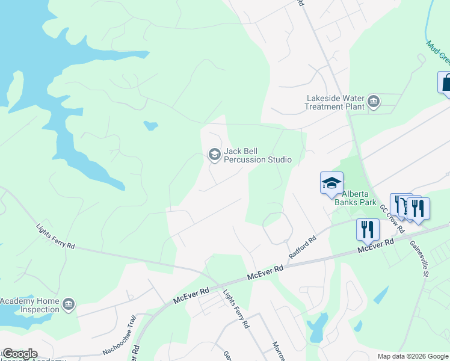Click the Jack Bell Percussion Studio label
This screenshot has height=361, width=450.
pyautogui.click(x=257, y=155)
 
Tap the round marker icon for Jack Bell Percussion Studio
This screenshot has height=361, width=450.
pyautogui.click(x=214, y=155)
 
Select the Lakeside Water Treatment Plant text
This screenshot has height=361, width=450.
pyautogui.click(x=336, y=102)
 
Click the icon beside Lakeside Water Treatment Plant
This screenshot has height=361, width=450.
pyautogui.click(x=374, y=101)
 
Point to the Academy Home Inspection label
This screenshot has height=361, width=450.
pyautogui.click(x=30, y=305)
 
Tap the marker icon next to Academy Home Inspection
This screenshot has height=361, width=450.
pyautogui.click(x=69, y=304)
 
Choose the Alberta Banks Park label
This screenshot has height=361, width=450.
pyautogui.click(x=360, y=198)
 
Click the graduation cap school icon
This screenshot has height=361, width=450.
pyautogui.click(x=331, y=183)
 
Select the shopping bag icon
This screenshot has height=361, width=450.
pyautogui.click(x=446, y=82)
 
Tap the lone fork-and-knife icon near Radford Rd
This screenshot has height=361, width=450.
pyautogui.click(x=368, y=229)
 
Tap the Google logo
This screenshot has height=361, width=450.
pyautogui.click(x=20, y=354)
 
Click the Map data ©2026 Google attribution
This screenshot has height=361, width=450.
pyautogui.click(x=413, y=356)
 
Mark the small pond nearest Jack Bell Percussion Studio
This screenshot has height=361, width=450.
pyautogui.click(x=150, y=126)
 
